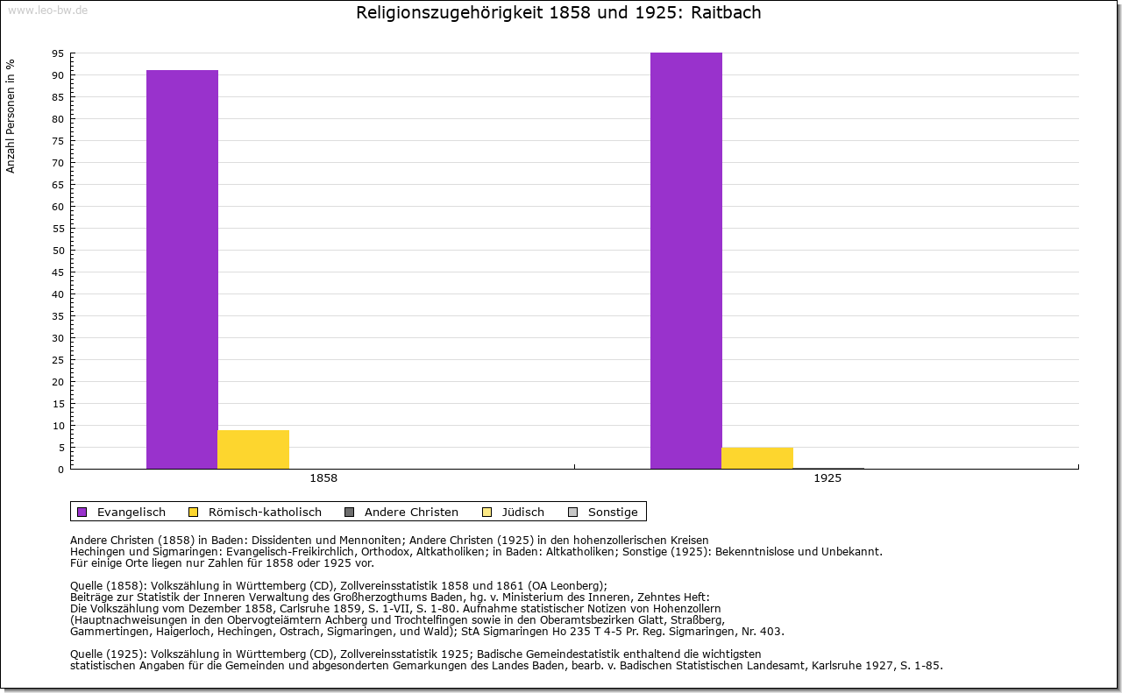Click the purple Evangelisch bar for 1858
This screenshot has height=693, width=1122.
[x=182, y=269]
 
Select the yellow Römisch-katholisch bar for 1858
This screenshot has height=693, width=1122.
[x=253, y=449]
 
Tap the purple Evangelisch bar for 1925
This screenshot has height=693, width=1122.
[x=686, y=260]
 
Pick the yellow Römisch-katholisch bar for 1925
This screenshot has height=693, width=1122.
[x=757, y=458]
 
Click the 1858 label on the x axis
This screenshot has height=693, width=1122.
[x=323, y=479]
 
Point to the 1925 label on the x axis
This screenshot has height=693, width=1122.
[x=827, y=479]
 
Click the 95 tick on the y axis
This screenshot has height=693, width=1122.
[x=58, y=53]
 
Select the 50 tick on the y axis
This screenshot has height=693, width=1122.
[x=58, y=251]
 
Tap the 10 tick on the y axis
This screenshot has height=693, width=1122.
[x=58, y=426]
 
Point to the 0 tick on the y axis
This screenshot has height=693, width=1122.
[x=60, y=470]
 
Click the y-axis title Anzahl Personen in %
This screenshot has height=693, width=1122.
[x=11, y=116]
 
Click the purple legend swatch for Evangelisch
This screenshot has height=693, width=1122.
[x=82, y=512]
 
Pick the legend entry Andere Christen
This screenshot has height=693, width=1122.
[x=411, y=512]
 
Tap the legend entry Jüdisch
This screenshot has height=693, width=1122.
[x=523, y=512]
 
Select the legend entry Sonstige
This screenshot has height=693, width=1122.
[x=613, y=512]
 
